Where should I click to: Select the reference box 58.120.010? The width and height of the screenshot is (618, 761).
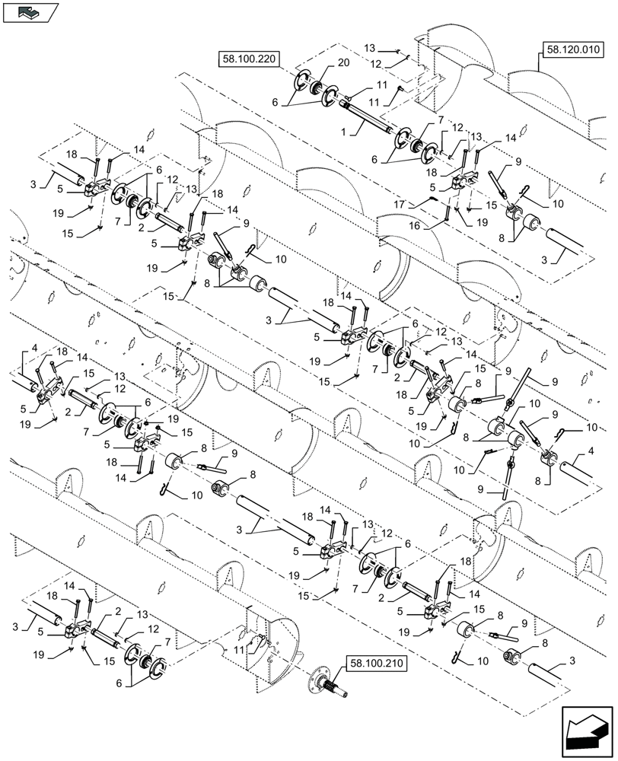click(572, 50)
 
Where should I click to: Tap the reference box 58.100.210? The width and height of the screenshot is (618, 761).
click(376, 663)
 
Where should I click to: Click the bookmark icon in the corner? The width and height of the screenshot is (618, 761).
click(30, 11)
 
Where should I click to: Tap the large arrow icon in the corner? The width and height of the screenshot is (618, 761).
click(585, 731)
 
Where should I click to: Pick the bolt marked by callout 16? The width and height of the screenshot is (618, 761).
click(448, 214)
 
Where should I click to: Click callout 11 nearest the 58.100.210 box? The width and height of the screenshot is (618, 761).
click(241, 649)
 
